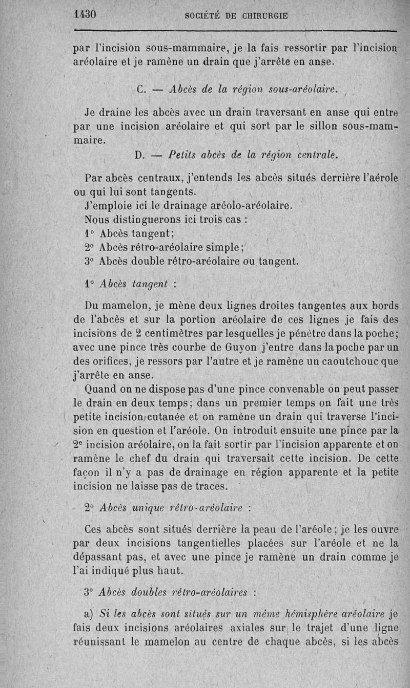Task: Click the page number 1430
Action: click(85, 14)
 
